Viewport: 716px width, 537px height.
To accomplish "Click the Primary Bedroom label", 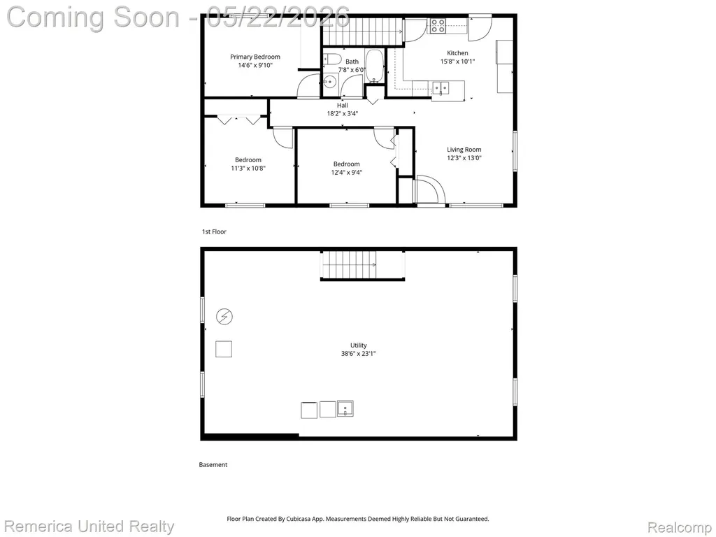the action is [x=255, y=57].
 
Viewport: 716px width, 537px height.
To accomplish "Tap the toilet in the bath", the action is [x=331, y=59].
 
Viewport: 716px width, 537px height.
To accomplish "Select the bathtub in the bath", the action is [x=375, y=66].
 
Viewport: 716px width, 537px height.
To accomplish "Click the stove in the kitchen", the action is [x=438, y=26].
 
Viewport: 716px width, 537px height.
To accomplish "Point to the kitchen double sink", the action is [x=441, y=87].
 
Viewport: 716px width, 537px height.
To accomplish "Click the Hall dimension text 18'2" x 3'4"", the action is [x=343, y=114].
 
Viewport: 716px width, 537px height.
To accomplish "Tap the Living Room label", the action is [x=464, y=150].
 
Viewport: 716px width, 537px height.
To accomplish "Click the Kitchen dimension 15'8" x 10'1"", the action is [x=457, y=62].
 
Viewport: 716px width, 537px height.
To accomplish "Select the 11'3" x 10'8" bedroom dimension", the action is [x=248, y=168].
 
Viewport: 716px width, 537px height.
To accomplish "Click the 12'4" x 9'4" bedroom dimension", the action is [x=347, y=172].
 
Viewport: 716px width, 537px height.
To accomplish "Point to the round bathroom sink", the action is [x=329, y=82].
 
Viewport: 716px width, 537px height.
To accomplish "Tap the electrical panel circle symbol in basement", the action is [x=224, y=317].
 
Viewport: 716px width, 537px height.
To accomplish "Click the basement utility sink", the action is [x=345, y=408].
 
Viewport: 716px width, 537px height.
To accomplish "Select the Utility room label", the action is [x=359, y=345].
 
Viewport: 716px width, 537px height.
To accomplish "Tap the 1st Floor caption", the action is [x=214, y=231].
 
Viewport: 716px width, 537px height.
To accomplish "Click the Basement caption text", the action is [x=213, y=465].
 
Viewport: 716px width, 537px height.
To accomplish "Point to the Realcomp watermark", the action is [x=680, y=528].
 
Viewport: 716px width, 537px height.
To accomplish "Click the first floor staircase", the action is [x=363, y=31].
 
